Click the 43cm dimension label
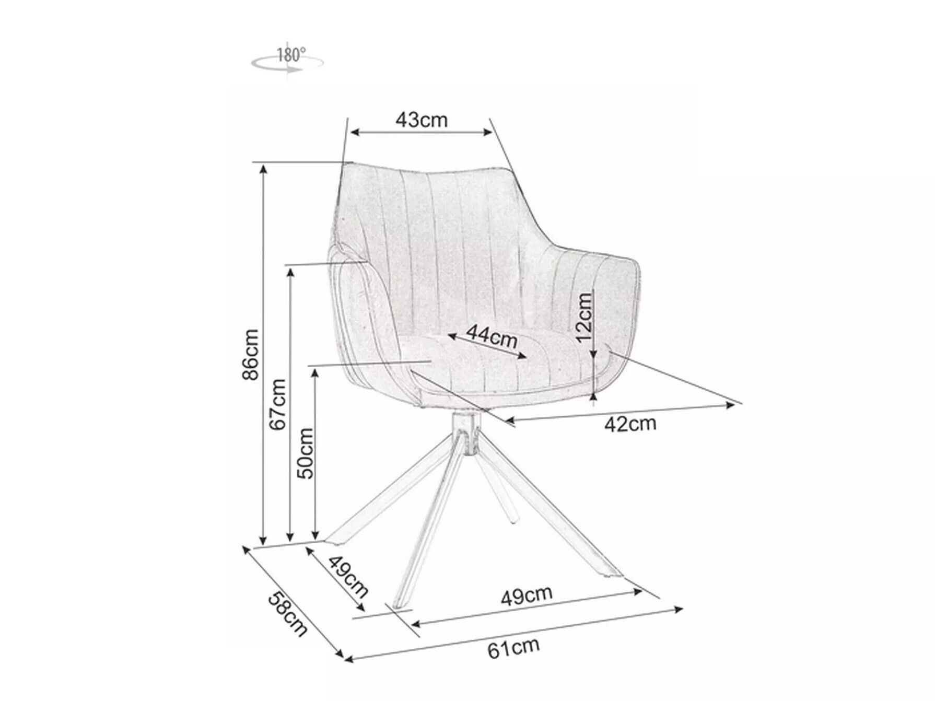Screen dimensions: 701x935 421,120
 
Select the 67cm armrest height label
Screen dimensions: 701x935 278,404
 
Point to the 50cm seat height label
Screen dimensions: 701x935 305,453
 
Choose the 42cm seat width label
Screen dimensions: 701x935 630,424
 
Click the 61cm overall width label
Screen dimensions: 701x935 513,648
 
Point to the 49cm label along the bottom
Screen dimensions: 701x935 526,595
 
